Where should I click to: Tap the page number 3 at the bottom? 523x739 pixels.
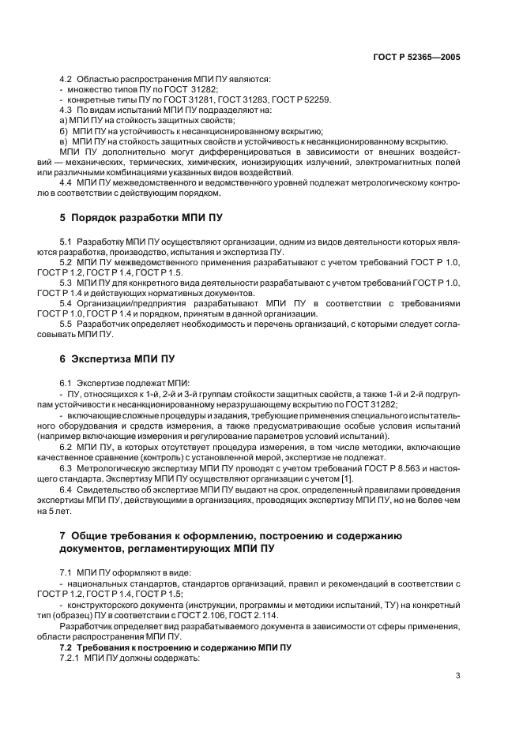click(x=458, y=674)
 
